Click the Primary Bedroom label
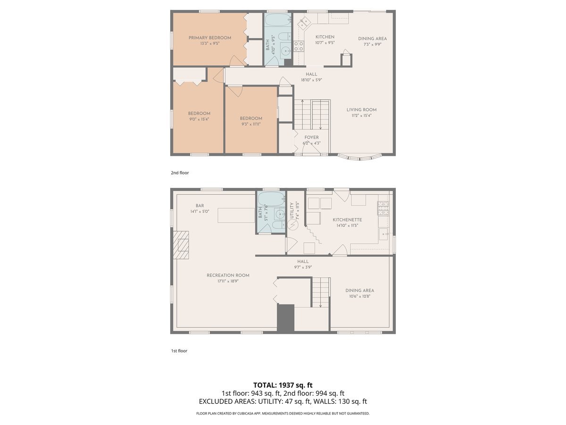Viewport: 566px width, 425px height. [x=210, y=38]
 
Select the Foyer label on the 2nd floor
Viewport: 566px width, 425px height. [x=311, y=137]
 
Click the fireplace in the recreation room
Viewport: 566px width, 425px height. [x=181, y=245]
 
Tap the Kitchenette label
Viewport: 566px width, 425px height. [x=347, y=220]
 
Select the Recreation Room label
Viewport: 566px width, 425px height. [x=228, y=275]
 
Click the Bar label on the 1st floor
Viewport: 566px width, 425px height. [x=200, y=205]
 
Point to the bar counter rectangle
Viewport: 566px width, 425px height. [x=236, y=215]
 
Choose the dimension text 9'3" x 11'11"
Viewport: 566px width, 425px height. [x=250, y=124]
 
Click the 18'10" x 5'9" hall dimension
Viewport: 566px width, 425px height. [x=311, y=80]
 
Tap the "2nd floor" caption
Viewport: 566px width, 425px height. [x=180, y=173]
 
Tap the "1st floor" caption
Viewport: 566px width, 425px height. [x=179, y=351]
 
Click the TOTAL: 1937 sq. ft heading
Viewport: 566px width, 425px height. [x=283, y=385]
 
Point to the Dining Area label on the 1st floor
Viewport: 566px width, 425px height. [x=359, y=290]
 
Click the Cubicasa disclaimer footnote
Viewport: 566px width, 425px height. [x=283, y=413]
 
